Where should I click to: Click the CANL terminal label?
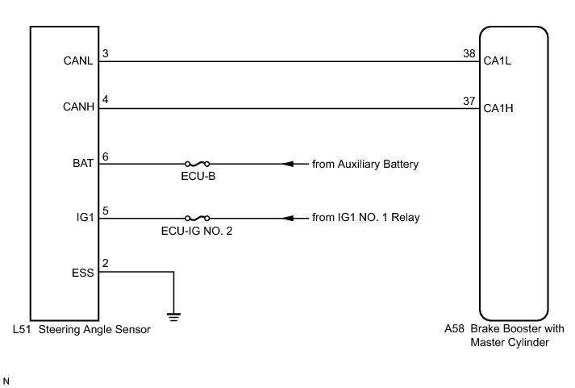pyautogui.click(x=78, y=60)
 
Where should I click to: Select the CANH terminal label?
pyautogui.click(x=78, y=107)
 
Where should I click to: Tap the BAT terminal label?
pyautogui.click(x=83, y=163)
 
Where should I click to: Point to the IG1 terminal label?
pyautogui.click(x=85, y=218)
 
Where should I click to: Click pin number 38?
pyautogui.click(x=467, y=54)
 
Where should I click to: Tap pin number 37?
pyautogui.click(x=467, y=101)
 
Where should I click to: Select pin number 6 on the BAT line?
pyautogui.click(x=106, y=156)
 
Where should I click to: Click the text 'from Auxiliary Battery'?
pyautogui.click(x=365, y=164)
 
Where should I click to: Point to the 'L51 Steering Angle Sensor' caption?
pyautogui.click(x=82, y=329)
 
